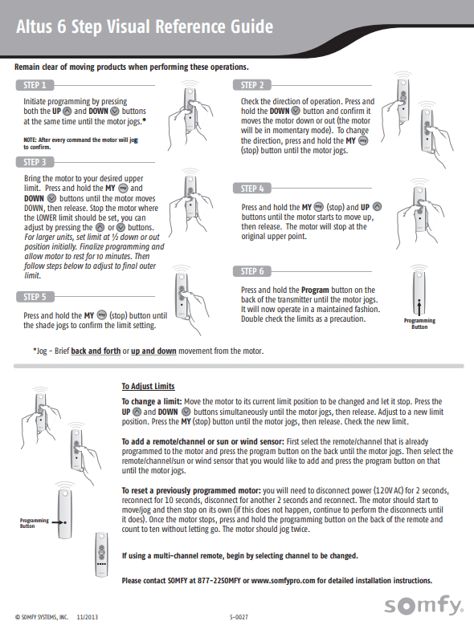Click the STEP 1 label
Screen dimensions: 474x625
[35, 85]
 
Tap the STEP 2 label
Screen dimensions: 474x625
[252, 85]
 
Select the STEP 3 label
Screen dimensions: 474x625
[35, 162]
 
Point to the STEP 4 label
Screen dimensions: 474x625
[252, 189]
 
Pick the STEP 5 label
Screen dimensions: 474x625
[35, 297]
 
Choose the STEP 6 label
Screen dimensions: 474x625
[252, 271]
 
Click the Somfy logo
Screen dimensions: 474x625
[424, 605]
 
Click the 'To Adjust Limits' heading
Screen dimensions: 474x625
[148, 386]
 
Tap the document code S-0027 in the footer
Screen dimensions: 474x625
[239, 617]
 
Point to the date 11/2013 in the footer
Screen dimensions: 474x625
[87, 617]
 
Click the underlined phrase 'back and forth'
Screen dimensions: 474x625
[96, 351]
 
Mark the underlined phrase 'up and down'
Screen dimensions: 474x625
[153, 351]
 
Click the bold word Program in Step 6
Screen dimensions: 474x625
[315, 290]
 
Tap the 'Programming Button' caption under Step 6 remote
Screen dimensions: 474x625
[419, 323]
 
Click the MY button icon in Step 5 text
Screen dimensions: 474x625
[102, 315]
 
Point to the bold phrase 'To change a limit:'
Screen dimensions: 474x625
[152, 402]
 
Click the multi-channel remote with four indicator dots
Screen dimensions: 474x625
[101, 554]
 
